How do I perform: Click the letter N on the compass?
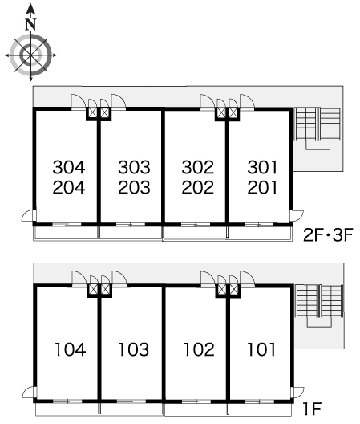pos(31,24)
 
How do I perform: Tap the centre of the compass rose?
pos(30,55)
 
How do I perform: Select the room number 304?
pos(69,167)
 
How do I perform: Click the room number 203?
pos(134,187)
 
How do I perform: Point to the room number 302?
pos(198,167)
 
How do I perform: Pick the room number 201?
pos(262,187)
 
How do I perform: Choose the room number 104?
pos(71,349)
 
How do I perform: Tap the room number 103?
pos(134,349)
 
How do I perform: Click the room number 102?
pos(199,349)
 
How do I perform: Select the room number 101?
pos(261,349)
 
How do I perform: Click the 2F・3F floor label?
pos(328,235)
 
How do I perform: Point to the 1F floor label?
pos(312,409)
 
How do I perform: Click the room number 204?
pos(69,187)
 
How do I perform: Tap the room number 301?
pos(262,167)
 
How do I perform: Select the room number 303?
pos(134,167)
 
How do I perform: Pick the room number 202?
pos(198,187)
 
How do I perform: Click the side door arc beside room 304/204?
pos(25,214)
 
